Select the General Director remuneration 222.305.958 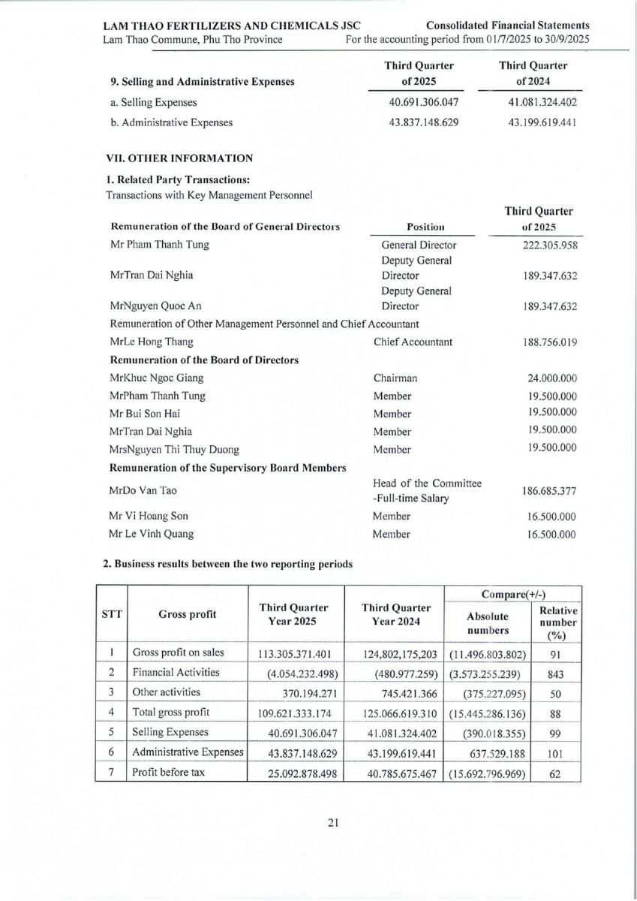[549, 245]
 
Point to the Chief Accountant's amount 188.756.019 [549, 342]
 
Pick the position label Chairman [395, 378]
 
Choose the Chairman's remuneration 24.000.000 [552, 378]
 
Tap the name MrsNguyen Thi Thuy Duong [175, 450]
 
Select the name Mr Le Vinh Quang [152, 535]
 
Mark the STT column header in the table [111, 613]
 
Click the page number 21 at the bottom [334, 823]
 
